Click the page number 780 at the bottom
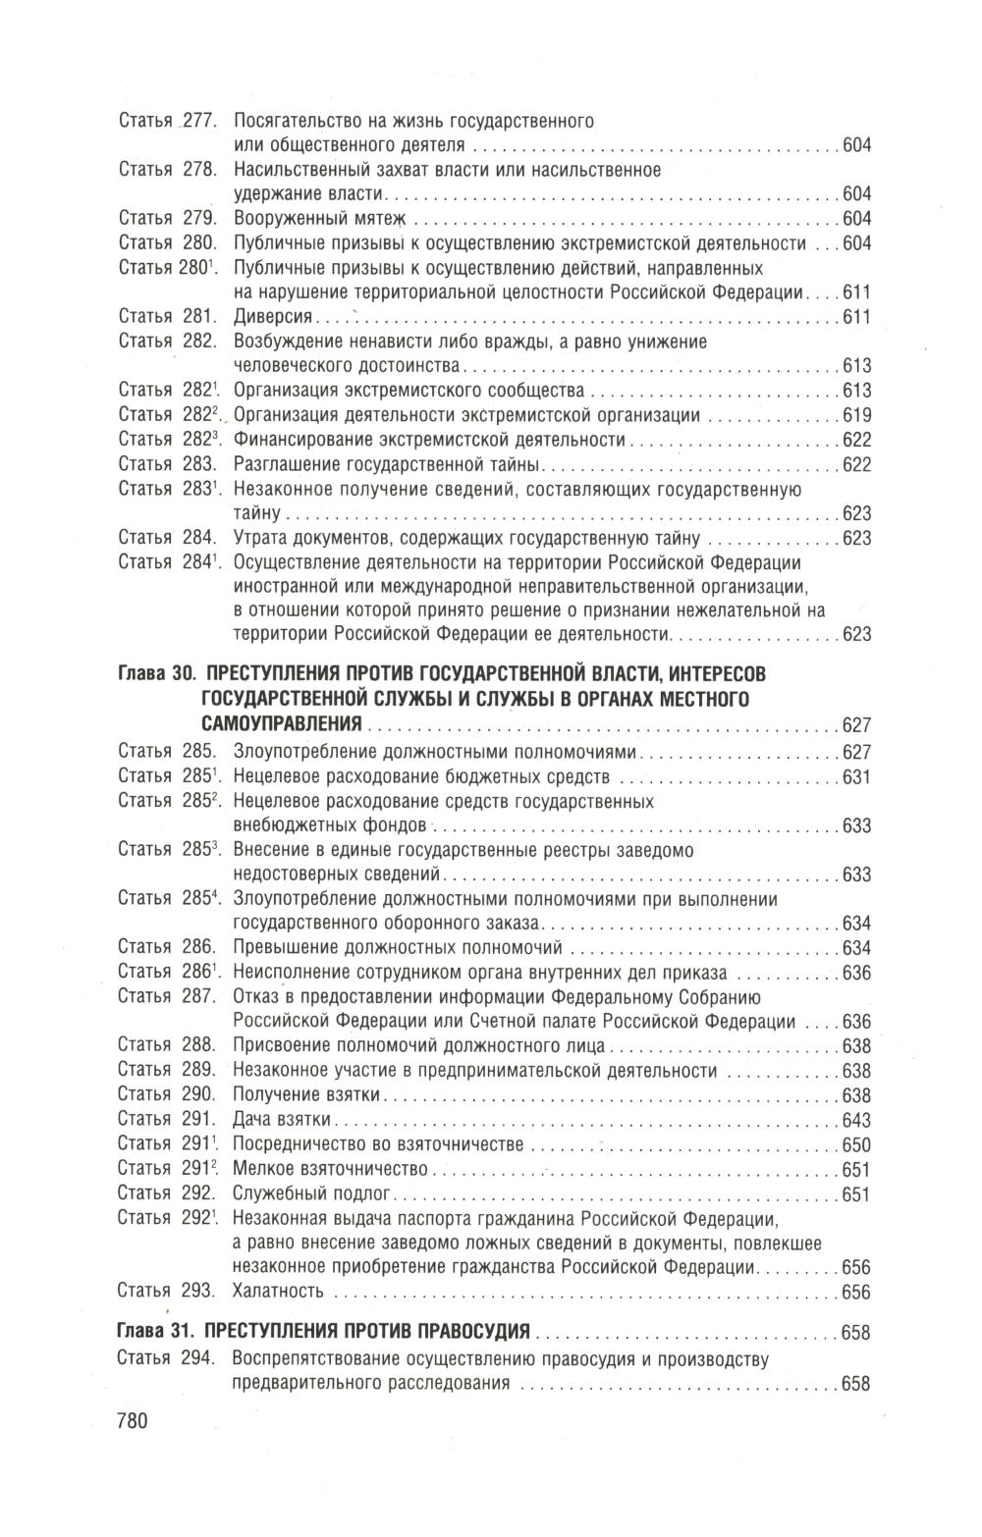pos(132,1420)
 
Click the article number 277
pos(199,122)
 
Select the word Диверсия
pos(273,316)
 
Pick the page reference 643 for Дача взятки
pos(857,1120)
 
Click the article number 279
pos(199,218)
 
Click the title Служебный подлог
pos(312,1193)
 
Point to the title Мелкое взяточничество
pos(331,1169)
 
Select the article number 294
pos(199,1359)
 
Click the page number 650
pos(857,1144)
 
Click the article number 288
pos(199,1045)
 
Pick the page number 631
pos(857,777)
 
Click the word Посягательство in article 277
pos(293,122)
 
